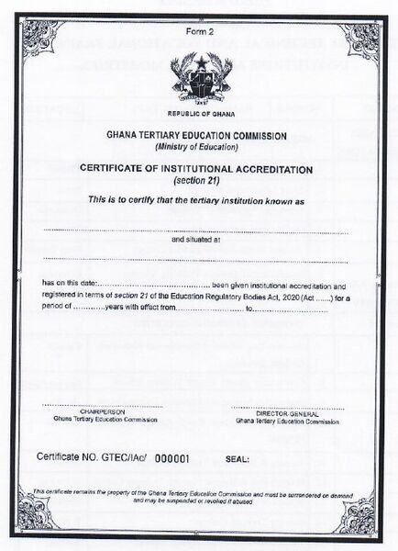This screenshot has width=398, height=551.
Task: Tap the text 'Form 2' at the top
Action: point(198,34)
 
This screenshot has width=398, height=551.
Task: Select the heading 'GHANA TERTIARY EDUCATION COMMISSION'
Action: point(198,136)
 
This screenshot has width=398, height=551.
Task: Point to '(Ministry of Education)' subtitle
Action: point(198,147)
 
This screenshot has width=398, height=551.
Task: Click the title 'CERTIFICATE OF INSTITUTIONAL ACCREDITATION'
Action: point(198,170)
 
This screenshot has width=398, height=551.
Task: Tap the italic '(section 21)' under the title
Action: point(198,181)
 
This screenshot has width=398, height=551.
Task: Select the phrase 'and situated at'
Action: point(197,240)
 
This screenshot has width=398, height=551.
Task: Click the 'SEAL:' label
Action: point(238,456)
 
